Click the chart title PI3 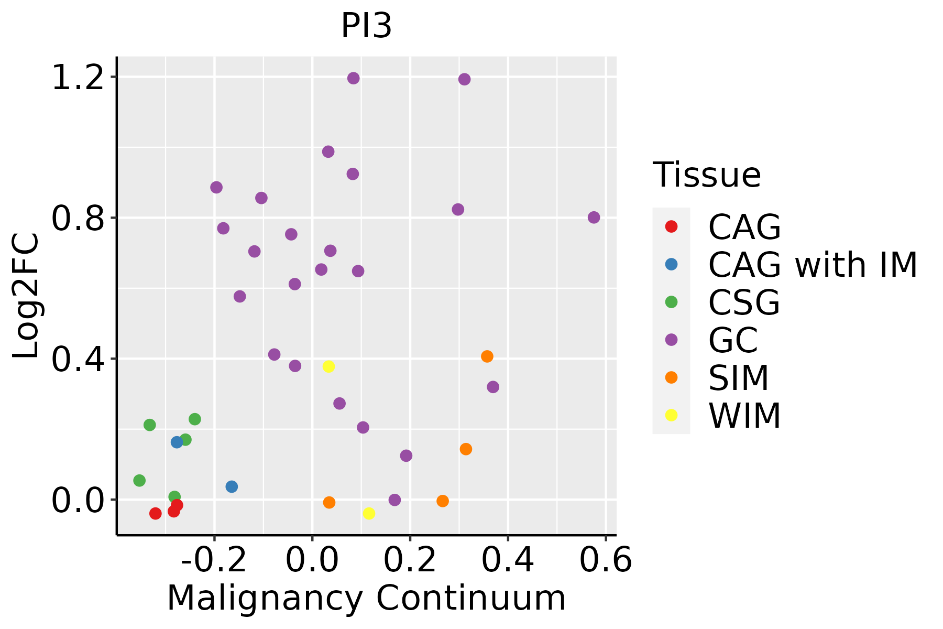366,26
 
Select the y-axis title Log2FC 26,296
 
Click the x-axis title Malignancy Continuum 366,598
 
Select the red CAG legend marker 671,226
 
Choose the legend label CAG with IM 813,265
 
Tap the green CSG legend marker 671,302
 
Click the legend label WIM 744,416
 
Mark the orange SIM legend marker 671,377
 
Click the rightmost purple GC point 594,218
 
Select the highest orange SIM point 487,356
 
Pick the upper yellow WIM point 328,366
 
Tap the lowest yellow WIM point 369,514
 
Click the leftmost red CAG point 155,514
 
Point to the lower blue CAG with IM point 232,486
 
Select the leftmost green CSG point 139,481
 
